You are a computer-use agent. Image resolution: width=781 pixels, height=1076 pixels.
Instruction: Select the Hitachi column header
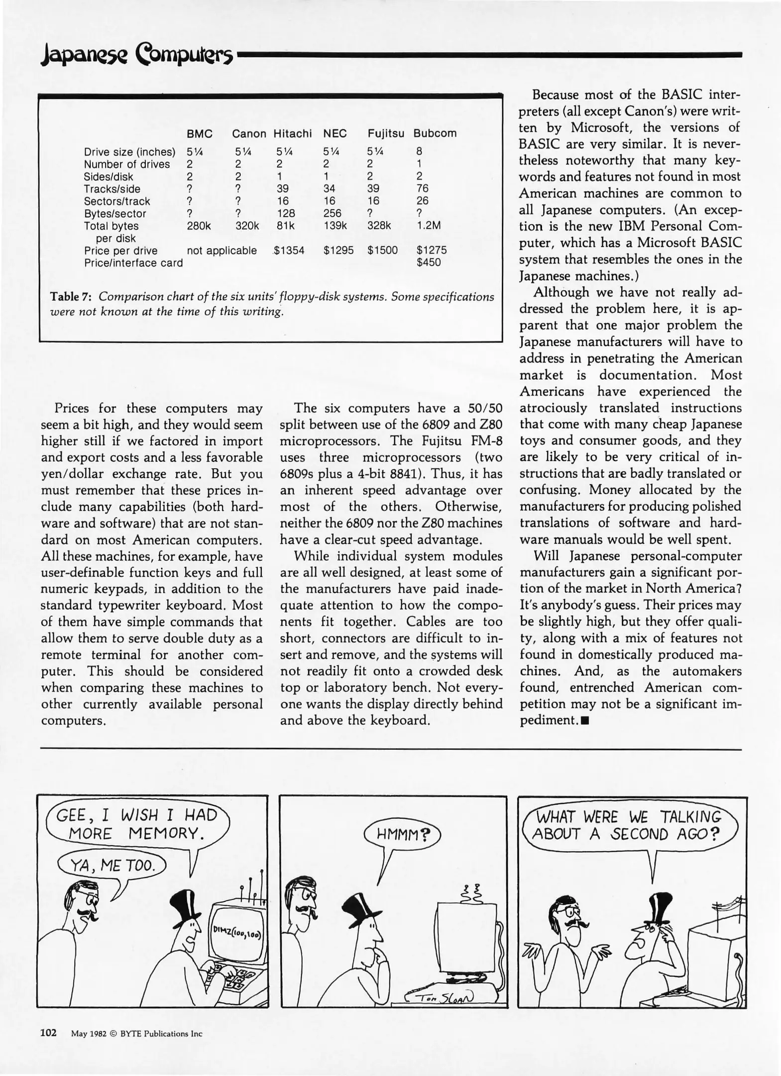click(292, 134)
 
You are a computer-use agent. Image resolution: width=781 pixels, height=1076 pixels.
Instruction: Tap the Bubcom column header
click(435, 134)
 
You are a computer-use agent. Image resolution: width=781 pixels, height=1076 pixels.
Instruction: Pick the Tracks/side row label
click(112, 189)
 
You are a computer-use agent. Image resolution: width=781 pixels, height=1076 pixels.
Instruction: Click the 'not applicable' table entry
click(222, 251)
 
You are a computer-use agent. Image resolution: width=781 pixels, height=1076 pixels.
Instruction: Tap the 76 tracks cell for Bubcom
click(422, 188)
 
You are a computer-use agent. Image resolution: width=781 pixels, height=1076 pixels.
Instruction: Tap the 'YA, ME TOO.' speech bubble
click(112, 866)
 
